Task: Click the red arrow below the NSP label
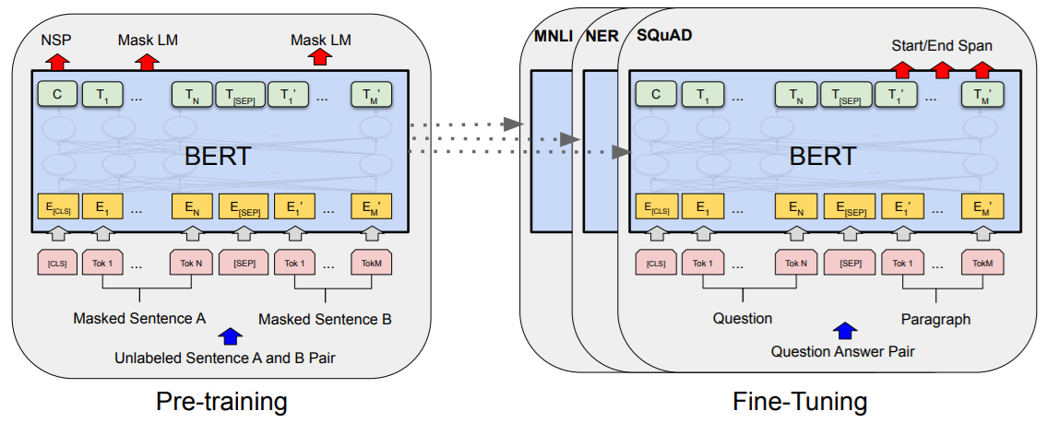click(57, 62)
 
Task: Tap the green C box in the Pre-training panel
click(57, 93)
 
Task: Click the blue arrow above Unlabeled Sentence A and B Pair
click(228, 336)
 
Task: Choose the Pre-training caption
click(221, 402)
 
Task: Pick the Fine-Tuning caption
click(800, 402)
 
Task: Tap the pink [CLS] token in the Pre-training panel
click(57, 264)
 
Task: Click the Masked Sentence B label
click(325, 319)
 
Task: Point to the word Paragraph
click(935, 319)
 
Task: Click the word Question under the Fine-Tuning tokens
click(743, 319)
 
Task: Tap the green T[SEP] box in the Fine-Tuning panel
click(846, 93)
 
